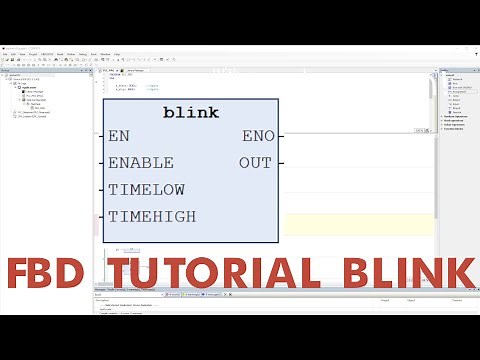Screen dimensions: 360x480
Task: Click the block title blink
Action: (190, 113)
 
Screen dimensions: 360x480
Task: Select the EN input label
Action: (119, 135)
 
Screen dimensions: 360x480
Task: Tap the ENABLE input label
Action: (141, 162)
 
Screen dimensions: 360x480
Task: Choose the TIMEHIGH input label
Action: (152, 216)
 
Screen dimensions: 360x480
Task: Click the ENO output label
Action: (257, 135)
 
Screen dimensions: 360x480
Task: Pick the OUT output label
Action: (255, 162)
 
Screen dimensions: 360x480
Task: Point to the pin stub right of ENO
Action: (281, 135)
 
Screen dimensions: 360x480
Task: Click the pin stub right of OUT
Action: (281, 162)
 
